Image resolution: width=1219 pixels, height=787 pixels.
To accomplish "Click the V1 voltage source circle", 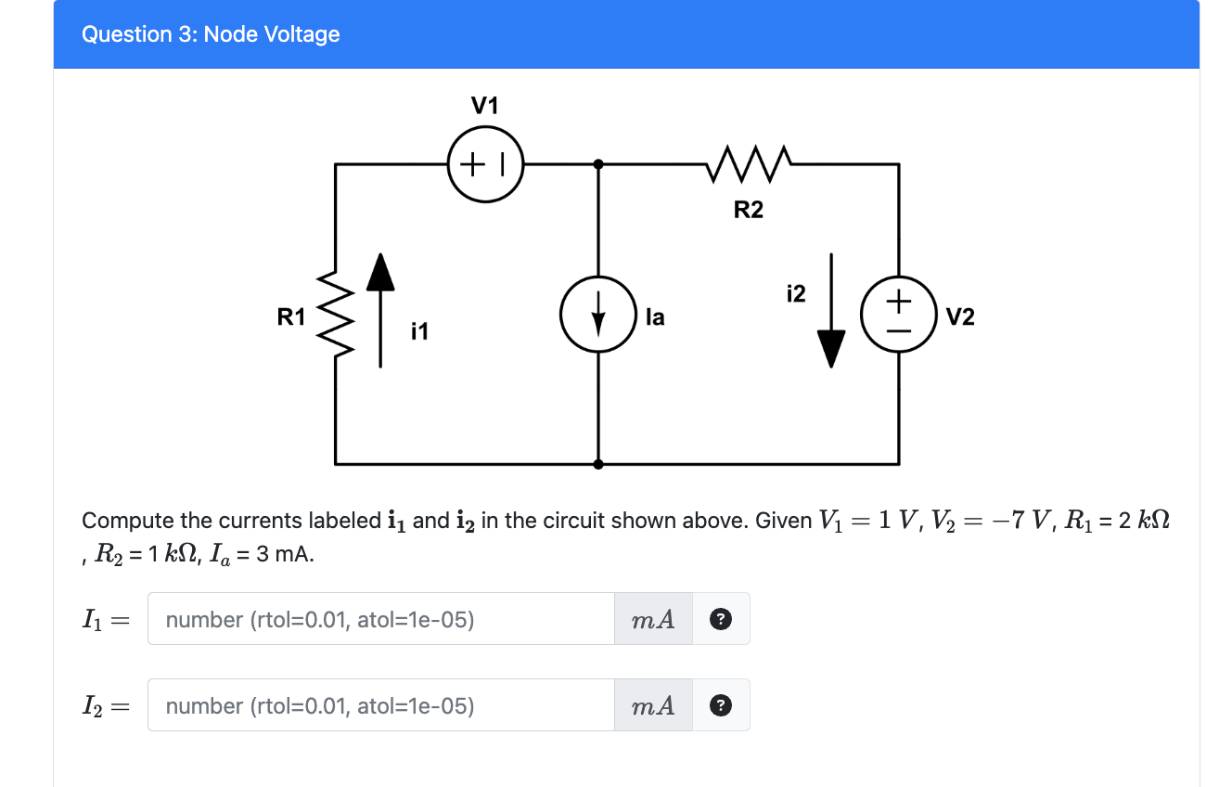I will pyautogui.click(x=485, y=164).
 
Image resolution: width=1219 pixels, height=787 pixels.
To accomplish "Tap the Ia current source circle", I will pyautogui.click(x=598, y=316).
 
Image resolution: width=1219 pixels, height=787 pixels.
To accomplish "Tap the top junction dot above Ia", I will pyautogui.click(x=598, y=164).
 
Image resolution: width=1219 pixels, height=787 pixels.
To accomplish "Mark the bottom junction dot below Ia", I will pyautogui.click(x=598, y=463).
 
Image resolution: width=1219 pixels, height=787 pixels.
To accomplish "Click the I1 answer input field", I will pyautogui.click(x=380, y=619).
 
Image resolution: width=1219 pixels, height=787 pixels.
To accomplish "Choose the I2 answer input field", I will pyautogui.click(x=380, y=705).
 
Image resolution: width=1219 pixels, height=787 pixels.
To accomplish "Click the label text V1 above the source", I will pyautogui.click(x=485, y=106).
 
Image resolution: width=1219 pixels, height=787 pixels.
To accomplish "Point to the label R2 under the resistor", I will pyautogui.click(x=748, y=211).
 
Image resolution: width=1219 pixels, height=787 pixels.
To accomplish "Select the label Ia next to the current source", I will pyautogui.click(x=655, y=317).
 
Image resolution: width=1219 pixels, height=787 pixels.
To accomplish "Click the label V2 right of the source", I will pyautogui.click(x=961, y=317).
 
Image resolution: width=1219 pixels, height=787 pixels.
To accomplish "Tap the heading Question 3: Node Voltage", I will pyautogui.click(x=211, y=34).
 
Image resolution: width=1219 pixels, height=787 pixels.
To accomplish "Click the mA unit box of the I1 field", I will pyautogui.click(x=653, y=619).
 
